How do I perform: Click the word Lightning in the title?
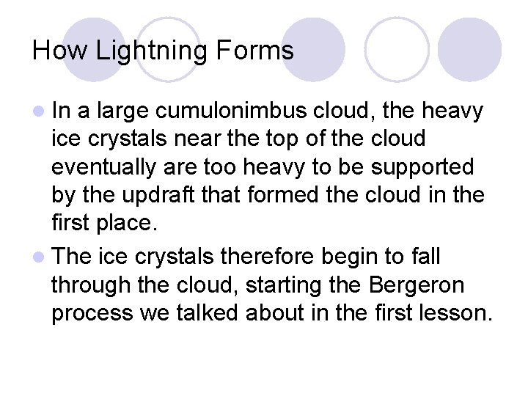pyautogui.click(x=153, y=51)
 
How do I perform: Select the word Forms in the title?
pyautogui.click(x=255, y=51)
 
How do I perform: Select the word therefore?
pyautogui.click(x=271, y=257)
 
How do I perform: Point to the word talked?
pyautogui.click(x=213, y=313)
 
